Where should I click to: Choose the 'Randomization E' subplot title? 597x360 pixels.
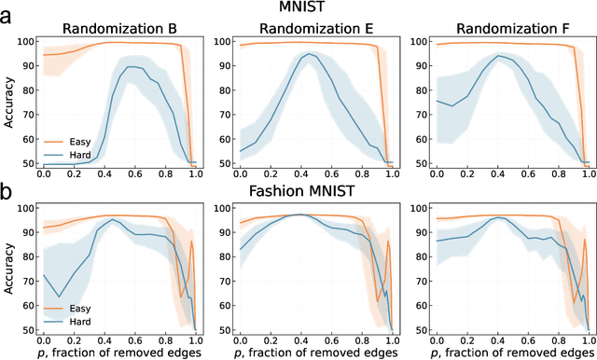coord(313,27)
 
